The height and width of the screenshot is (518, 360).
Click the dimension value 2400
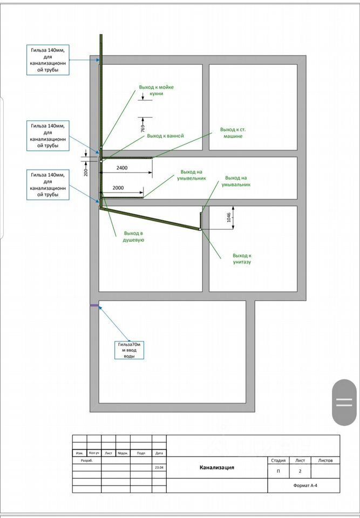[x=122, y=168]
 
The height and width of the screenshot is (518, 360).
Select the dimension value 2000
[x=118, y=187]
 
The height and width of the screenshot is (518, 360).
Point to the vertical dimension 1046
[x=228, y=217]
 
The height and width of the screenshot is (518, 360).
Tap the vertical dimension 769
[x=142, y=128]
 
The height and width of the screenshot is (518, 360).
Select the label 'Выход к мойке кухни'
[x=156, y=90]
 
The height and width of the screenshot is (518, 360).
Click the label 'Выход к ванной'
[x=165, y=136]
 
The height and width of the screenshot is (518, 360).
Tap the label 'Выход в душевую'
[x=134, y=236]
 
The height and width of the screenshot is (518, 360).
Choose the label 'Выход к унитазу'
[x=242, y=258]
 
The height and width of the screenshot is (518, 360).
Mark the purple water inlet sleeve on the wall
[x=94, y=306]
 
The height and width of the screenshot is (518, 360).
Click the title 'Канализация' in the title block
[x=217, y=468]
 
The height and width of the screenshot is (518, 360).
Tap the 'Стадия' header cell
[x=279, y=461]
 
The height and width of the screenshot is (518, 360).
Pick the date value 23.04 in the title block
[x=159, y=468]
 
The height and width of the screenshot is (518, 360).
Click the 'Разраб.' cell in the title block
[x=87, y=461]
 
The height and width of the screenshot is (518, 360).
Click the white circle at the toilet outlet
[x=200, y=230]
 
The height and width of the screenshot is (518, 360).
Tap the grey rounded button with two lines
[x=344, y=402]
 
